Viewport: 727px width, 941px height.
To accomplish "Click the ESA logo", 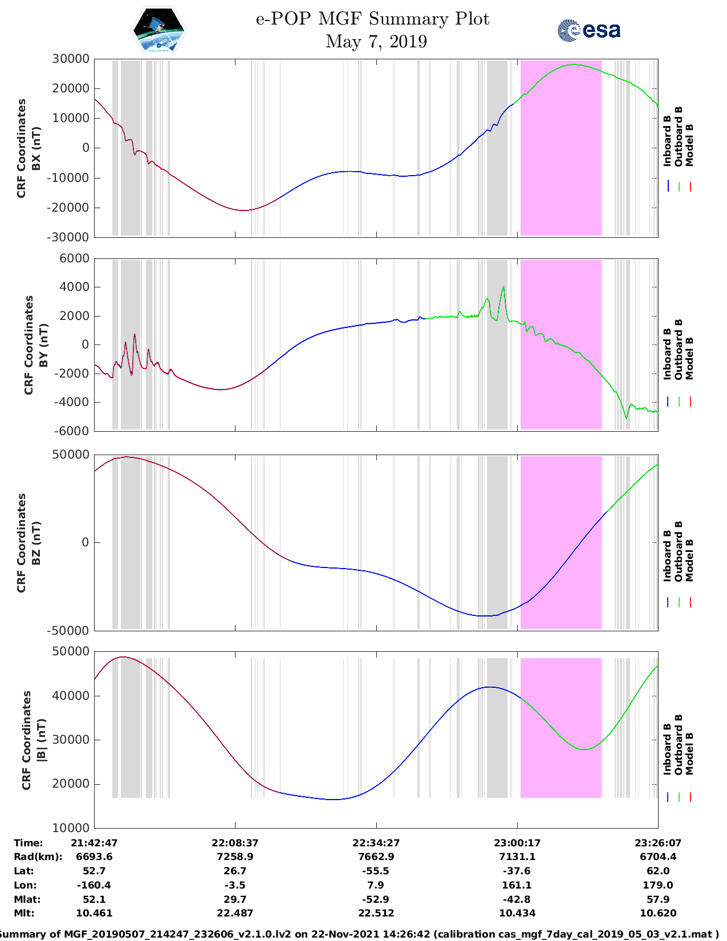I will coord(588,30).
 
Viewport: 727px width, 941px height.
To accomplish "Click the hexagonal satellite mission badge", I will coord(159,30).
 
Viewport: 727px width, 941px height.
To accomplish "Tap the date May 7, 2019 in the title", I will coord(376,42).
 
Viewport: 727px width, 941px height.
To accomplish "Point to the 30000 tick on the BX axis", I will coord(71,59).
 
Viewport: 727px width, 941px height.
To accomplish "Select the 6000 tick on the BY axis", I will coord(74,258).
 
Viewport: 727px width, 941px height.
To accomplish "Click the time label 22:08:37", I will coord(235,843).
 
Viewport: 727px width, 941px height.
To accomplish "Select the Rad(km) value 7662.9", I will coord(376,857).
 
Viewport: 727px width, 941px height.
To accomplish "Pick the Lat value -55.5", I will coord(376,871).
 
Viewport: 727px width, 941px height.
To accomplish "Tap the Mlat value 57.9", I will coord(658,899).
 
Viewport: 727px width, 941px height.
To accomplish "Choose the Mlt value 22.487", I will coord(235,913).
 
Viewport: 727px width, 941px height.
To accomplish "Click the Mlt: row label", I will coord(24,913).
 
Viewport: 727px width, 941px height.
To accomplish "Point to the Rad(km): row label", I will coord(38,857).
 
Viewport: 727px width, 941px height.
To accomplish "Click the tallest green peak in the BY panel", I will coord(503,286).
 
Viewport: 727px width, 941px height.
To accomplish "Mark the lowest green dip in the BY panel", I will coord(626,418).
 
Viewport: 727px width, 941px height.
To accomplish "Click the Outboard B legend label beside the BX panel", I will coord(679,137).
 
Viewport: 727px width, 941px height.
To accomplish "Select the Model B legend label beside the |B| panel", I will coord(689,753).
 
